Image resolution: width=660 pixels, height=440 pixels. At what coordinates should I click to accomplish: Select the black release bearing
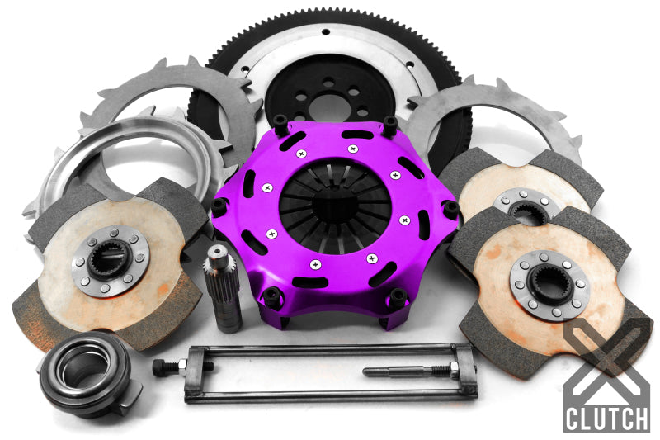(x=82, y=371)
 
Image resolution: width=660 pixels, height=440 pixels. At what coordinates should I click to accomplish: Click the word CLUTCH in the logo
(x=606, y=417)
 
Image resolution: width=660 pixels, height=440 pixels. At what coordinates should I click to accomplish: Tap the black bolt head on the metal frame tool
(x=160, y=364)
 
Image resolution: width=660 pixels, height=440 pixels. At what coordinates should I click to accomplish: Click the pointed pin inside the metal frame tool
(x=396, y=371)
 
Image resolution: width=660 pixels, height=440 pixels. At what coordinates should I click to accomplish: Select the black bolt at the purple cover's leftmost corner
(x=219, y=206)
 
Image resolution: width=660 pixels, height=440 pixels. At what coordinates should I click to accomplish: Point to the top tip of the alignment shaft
(x=217, y=251)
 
